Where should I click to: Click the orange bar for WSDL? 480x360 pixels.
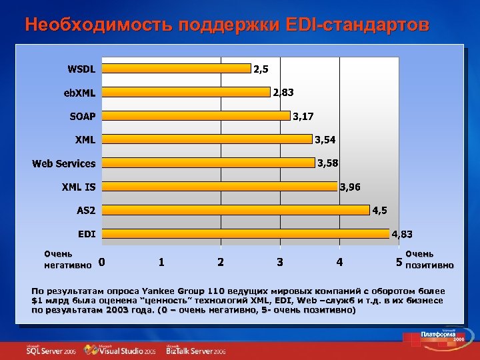point(177,68)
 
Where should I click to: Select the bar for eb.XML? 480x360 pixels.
point(186,92)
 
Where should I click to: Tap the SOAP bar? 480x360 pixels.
point(196,116)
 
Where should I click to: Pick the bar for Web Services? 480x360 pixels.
point(208,163)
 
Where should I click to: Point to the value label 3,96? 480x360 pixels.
point(350,187)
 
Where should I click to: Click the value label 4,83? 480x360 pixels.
point(401,234)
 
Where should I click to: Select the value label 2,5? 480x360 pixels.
point(261,68)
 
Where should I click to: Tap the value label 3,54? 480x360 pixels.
point(325,139)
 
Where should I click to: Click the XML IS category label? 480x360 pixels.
point(79,187)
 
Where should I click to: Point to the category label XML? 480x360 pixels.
point(85,139)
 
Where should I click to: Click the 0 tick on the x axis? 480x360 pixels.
point(101,262)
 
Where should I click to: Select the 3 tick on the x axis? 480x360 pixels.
point(280,262)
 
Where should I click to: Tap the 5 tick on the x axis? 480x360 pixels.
point(399,262)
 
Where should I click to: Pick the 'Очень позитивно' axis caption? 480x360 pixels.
point(429,259)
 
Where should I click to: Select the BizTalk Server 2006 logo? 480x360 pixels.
point(196,350)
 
